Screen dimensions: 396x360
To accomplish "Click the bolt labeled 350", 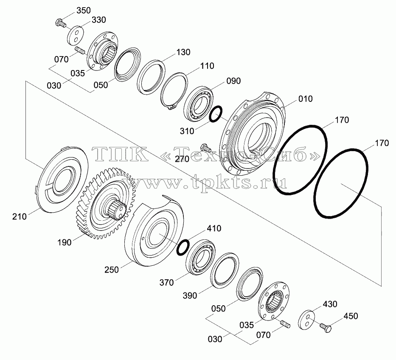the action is (x=60, y=23).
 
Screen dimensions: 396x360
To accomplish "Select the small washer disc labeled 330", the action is (x=76, y=35).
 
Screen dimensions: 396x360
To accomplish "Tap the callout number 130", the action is (x=183, y=52).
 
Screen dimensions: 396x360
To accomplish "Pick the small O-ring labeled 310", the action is (x=216, y=115).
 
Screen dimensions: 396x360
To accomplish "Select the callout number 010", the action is (x=305, y=99).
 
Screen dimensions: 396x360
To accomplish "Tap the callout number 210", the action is (x=20, y=217).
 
